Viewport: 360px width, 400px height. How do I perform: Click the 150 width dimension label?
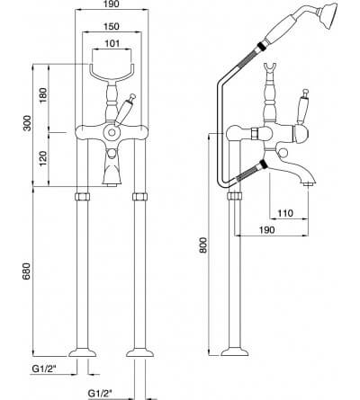coord(112,26)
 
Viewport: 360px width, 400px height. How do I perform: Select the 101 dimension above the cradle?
coord(112,43)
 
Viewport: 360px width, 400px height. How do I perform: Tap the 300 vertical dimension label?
coord(27,123)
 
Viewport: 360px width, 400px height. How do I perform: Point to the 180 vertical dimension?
coord(43,95)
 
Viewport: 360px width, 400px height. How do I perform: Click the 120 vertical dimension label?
coord(43,159)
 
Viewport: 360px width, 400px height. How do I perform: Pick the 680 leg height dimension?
coord(26,271)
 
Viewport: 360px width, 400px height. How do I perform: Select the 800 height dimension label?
coord(203,245)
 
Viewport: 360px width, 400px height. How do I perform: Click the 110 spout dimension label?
coord(284,213)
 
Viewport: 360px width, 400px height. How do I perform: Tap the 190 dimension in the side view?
coord(266,230)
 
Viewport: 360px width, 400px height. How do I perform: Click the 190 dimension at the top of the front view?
coord(112,4)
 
